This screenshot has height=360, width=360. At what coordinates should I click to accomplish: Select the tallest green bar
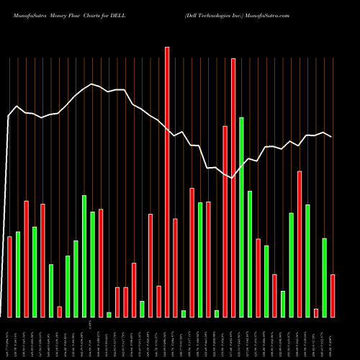(241, 217)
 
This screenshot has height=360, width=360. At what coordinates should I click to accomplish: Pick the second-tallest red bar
(233, 187)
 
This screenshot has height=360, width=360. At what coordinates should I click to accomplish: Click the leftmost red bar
(9, 276)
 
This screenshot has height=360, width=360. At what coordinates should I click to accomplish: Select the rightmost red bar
(333, 295)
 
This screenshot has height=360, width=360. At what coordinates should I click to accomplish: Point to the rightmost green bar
(325, 277)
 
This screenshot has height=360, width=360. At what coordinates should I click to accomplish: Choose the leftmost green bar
(18, 274)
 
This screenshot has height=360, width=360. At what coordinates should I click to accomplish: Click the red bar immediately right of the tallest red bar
(175, 267)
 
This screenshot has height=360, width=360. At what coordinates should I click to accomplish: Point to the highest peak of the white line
(91, 84)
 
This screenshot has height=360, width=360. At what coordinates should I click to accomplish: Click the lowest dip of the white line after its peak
(233, 178)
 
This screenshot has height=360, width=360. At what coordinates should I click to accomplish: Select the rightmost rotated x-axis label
(333, 338)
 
